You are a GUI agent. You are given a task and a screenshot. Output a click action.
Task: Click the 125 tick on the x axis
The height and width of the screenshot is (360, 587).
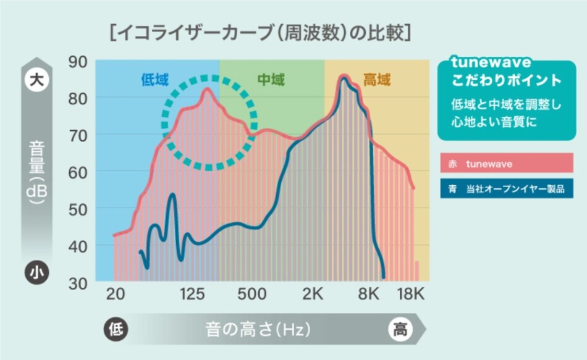(192, 294)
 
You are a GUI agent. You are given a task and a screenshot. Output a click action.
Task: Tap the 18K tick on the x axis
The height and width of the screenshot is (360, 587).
(410, 294)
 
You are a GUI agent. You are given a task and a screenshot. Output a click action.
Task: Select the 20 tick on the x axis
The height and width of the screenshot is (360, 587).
(115, 294)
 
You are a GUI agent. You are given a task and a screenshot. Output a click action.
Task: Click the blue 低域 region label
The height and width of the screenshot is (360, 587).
(154, 80)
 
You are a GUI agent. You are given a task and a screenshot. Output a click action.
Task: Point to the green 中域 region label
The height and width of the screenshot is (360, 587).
(271, 80)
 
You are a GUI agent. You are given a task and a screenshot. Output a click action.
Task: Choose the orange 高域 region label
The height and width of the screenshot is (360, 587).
(376, 80)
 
